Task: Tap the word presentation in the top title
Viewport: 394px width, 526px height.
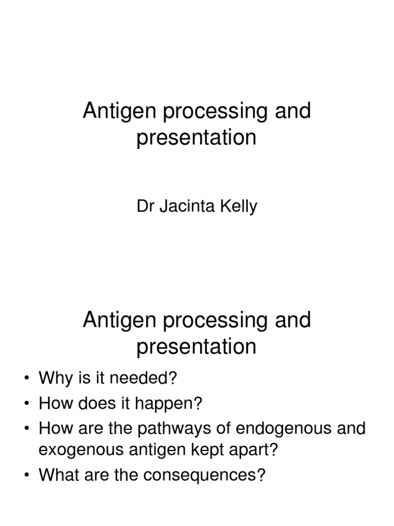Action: pos(196,139)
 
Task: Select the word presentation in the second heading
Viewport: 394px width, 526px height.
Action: pos(196,347)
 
